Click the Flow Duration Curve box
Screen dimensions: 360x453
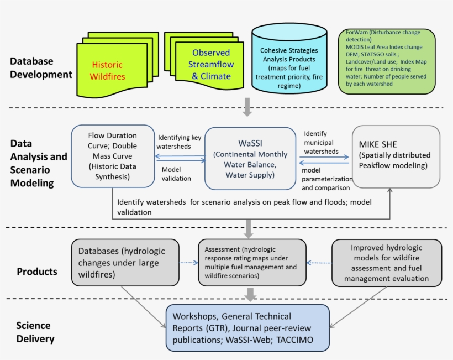(x=112, y=155)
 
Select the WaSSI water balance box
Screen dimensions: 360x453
(x=250, y=158)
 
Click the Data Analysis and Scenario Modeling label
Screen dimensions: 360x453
(x=39, y=163)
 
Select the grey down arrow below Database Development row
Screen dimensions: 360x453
(x=247, y=108)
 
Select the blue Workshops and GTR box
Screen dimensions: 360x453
(x=248, y=328)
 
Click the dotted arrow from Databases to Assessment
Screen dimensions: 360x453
(x=188, y=263)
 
